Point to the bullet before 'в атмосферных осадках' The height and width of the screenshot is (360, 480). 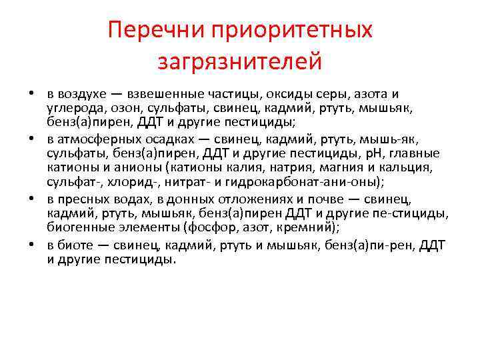click(32, 140)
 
